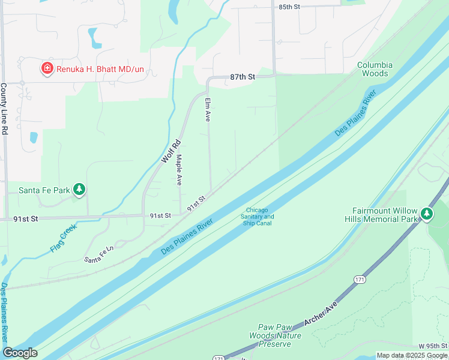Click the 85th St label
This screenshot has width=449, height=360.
coord(289,7)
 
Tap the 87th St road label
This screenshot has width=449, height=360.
coord(243,77)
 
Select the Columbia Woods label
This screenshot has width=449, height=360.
coord(375,69)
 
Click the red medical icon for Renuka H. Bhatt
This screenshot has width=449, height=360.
coord(47,69)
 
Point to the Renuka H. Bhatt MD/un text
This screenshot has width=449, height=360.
coord(100,69)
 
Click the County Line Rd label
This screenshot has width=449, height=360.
coord(4,108)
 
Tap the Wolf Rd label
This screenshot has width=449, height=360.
coord(170,152)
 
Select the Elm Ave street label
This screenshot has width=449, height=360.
coord(208,108)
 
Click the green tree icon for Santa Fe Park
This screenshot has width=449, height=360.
coord(79,190)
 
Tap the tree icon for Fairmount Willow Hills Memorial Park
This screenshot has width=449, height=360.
coord(426,214)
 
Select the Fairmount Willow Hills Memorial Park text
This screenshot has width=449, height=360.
coord(384,215)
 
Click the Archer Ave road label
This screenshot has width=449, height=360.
coord(323,314)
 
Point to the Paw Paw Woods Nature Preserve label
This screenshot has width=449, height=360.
coord(275,335)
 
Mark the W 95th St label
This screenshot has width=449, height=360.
coord(433,346)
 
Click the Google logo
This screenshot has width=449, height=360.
coord(20,353)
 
